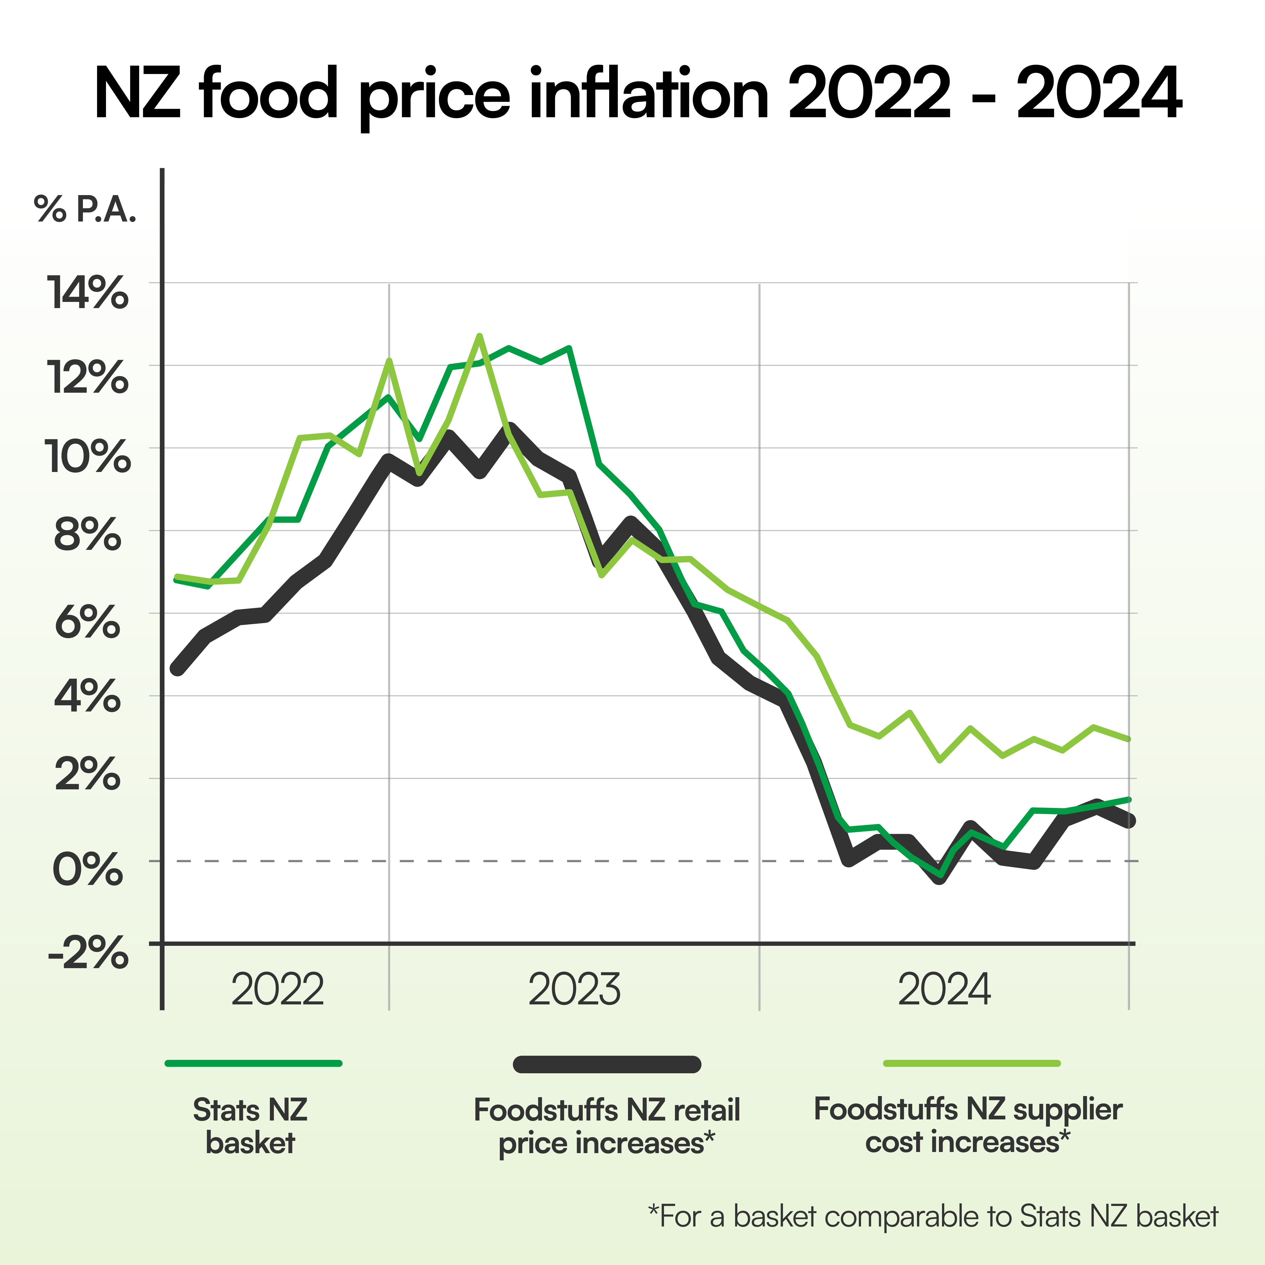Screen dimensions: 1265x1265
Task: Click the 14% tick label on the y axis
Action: tap(87, 293)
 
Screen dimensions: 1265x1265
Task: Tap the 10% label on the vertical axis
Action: tap(87, 457)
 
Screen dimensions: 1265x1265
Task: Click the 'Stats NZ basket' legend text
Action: tap(250, 1126)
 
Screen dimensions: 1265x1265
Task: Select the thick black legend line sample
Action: tap(607, 1064)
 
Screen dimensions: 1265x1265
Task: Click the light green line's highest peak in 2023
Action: tap(479, 336)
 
